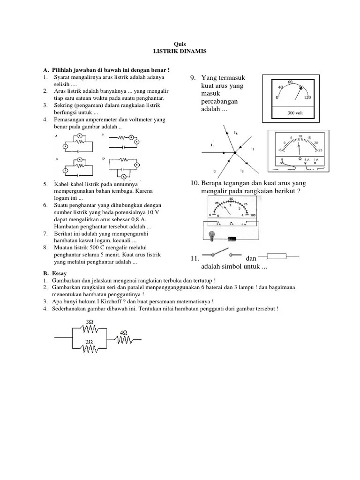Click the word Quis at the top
[x=180, y=44]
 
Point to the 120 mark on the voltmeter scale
[x=307, y=98]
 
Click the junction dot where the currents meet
[x=235, y=152]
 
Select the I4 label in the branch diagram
[x=235, y=134]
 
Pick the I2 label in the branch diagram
[x=214, y=170]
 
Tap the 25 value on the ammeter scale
[x=320, y=150]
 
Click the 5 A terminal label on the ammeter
[x=307, y=160]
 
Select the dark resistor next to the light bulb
[x=232, y=239]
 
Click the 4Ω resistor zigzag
[x=124, y=338]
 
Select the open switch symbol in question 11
[x=220, y=255]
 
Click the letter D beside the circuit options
[x=103, y=159]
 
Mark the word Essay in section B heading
[x=59, y=273]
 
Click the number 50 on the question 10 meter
[x=231, y=199]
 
